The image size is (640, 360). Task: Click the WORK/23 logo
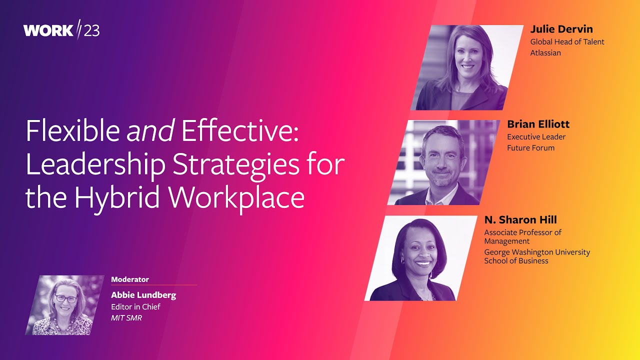(61, 30)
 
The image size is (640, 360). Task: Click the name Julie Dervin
(561, 29)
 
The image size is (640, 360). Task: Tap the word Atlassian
(545, 52)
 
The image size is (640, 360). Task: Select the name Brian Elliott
(538, 124)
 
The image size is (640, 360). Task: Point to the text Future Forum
(530, 147)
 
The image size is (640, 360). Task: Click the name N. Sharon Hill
(520, 220)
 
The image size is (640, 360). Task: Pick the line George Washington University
(537, 252)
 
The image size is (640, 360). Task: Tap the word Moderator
(130, 279)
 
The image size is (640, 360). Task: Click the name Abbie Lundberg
(143, 295)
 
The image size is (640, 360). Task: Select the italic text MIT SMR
(126, 317)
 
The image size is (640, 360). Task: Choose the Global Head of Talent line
(567, 42)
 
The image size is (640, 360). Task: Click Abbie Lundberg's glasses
(65, 299)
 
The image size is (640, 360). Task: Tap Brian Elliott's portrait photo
(442, 162)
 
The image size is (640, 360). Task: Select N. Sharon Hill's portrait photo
(421, 258)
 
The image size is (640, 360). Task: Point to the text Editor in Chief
(135, 306)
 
